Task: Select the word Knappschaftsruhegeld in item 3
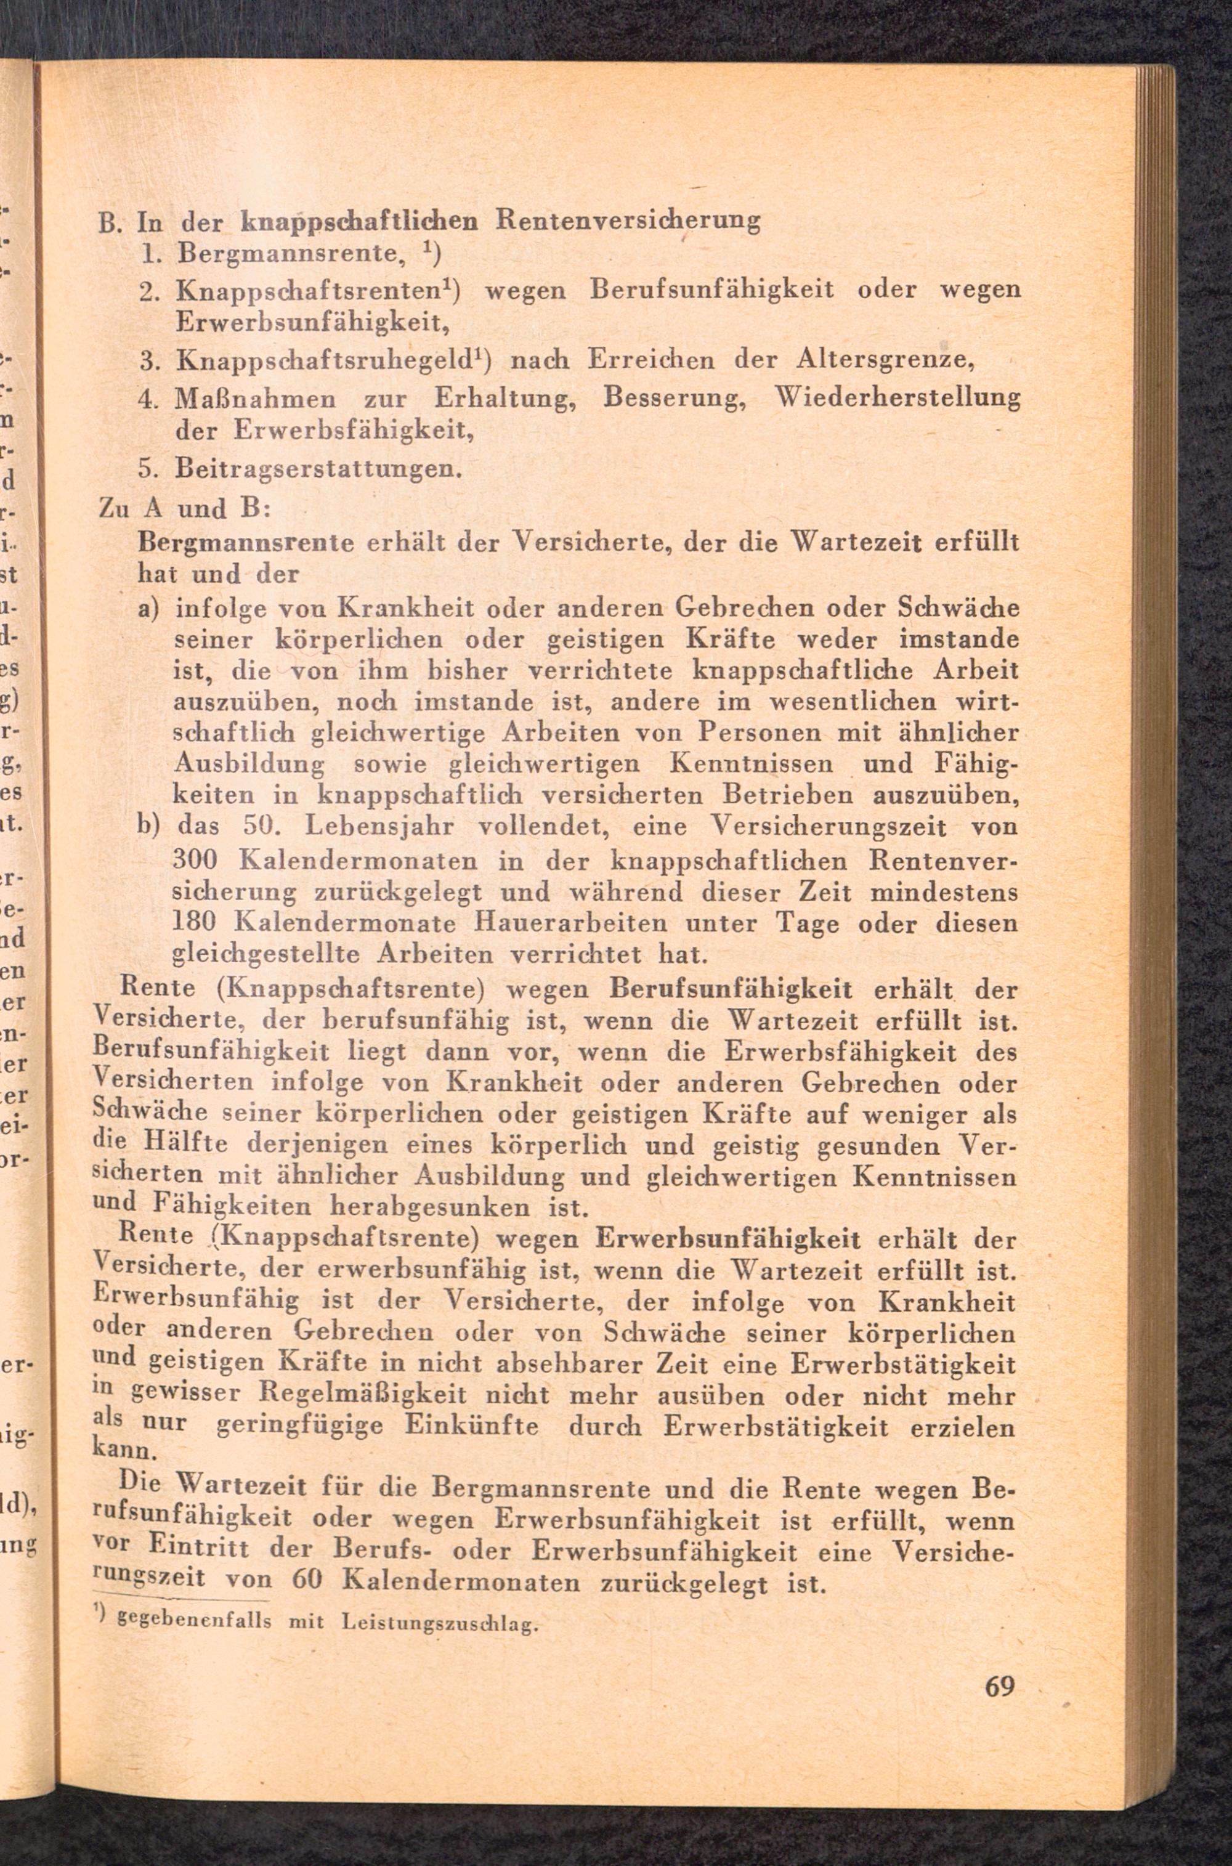point(329,360)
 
